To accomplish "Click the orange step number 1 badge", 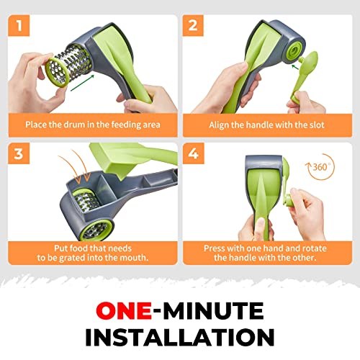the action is tap(19, 25).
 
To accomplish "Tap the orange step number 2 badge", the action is tap(193, 25).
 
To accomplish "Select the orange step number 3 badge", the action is tap(19, 153).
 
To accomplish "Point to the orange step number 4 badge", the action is tap(193, 153).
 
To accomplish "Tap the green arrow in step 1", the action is tap(82, 83).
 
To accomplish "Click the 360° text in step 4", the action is tap(321, 167).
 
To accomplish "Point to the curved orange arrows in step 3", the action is tap(76, 166).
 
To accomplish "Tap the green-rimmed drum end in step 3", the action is tap(96, 230).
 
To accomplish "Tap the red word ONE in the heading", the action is tap(124, 310).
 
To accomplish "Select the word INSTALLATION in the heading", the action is tap(180, 337).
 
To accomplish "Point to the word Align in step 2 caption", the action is tap(219, 125).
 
